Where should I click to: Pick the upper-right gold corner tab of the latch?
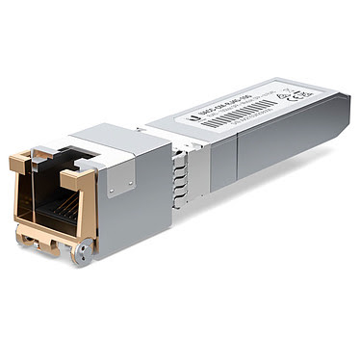coord(75,179)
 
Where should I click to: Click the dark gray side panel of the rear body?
coord(270,144)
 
